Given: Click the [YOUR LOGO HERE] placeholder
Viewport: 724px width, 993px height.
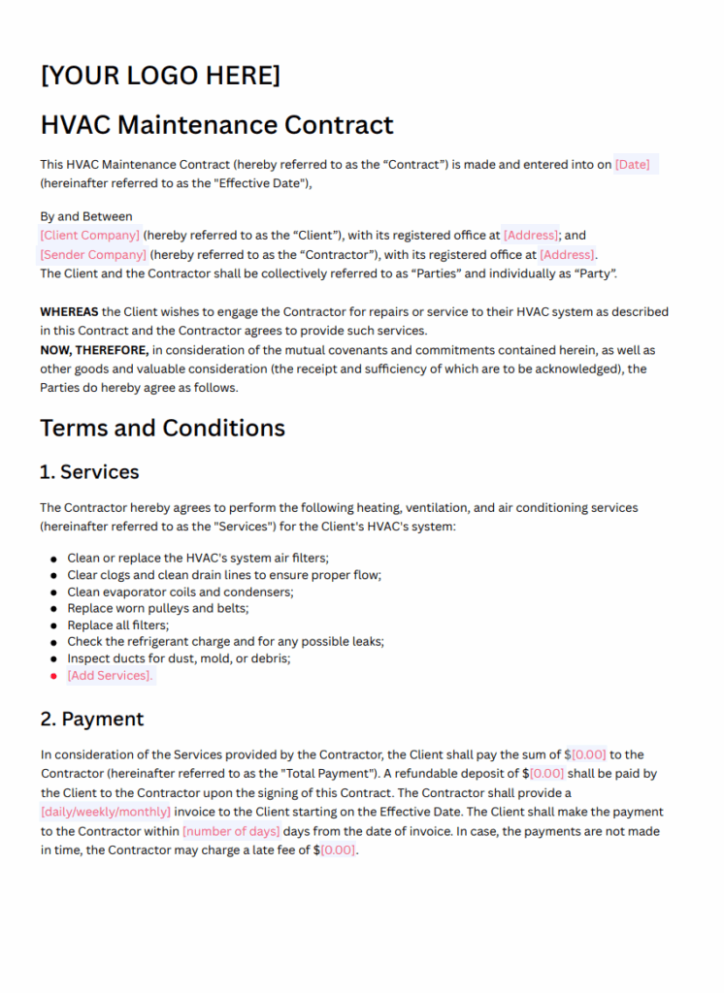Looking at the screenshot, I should point(160,75).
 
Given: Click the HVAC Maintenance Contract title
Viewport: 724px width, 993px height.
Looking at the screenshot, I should point(216,125).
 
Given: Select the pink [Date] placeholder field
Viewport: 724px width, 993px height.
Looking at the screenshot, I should point(633,165).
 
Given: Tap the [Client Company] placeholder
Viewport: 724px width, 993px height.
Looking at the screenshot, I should point(89,235).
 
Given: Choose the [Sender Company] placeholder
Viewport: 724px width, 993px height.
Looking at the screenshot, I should point(93,254).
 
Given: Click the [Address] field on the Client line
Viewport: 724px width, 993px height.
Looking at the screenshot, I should point(531,235).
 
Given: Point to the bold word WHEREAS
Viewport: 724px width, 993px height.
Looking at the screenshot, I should point(69,312).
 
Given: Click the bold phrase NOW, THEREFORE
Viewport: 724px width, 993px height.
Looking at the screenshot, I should point(94,350).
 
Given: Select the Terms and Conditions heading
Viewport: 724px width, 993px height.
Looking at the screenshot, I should point(162,428).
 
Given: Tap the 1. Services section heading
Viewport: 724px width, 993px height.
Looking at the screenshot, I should point(89,472).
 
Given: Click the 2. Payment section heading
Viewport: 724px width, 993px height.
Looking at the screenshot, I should point(91,719).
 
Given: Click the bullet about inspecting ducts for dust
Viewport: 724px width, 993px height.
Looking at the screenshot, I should point(179,658).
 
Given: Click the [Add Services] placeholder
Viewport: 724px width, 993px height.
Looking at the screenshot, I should point(110,676).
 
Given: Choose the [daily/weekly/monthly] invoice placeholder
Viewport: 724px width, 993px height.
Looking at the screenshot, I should point(105,812).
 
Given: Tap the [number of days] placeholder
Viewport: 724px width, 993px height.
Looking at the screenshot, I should point(231,831).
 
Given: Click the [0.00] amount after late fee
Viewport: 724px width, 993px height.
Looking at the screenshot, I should point(338,850).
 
